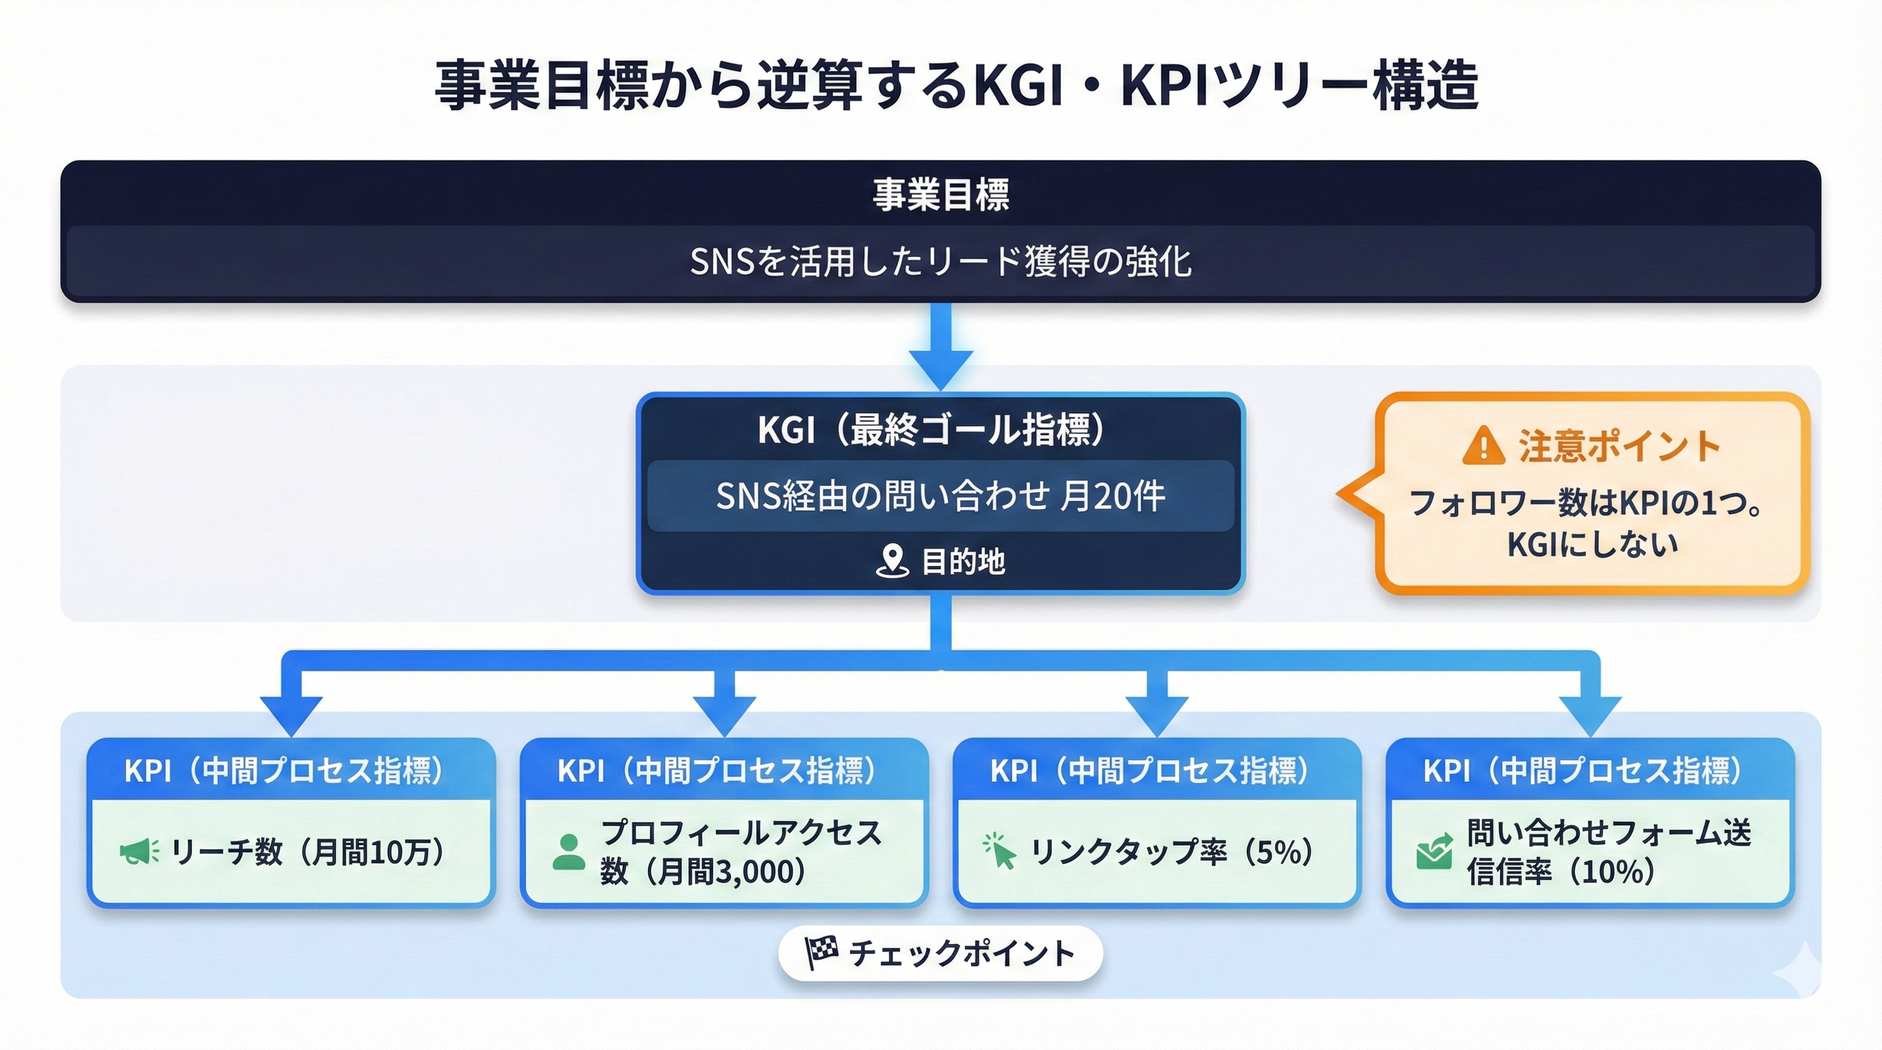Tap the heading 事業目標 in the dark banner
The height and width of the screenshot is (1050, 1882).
point(941,194)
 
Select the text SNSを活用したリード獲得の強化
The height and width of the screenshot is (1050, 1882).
point(941,261)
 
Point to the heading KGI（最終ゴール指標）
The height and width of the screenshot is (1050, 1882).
point(932,429)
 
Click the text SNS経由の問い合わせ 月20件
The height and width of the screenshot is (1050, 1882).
point(940,496)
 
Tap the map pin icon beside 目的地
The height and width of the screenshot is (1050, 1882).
point(891,561)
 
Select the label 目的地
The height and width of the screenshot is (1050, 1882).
point(963,561)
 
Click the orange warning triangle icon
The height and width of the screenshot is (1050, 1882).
point(1483,446)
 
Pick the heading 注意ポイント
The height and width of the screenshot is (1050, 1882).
point(1619,446)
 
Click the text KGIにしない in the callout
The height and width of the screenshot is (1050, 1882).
point(1592,544)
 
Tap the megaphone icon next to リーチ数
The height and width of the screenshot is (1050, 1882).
point(139,851)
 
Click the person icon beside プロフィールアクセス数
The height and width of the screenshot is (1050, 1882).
point(568,851)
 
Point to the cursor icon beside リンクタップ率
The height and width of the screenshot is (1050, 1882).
point(999,851)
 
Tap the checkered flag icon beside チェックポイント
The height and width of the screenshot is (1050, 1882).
point(821,952)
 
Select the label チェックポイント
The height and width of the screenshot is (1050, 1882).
point(962,953)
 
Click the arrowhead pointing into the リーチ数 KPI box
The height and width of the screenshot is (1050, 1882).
point(291,714)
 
